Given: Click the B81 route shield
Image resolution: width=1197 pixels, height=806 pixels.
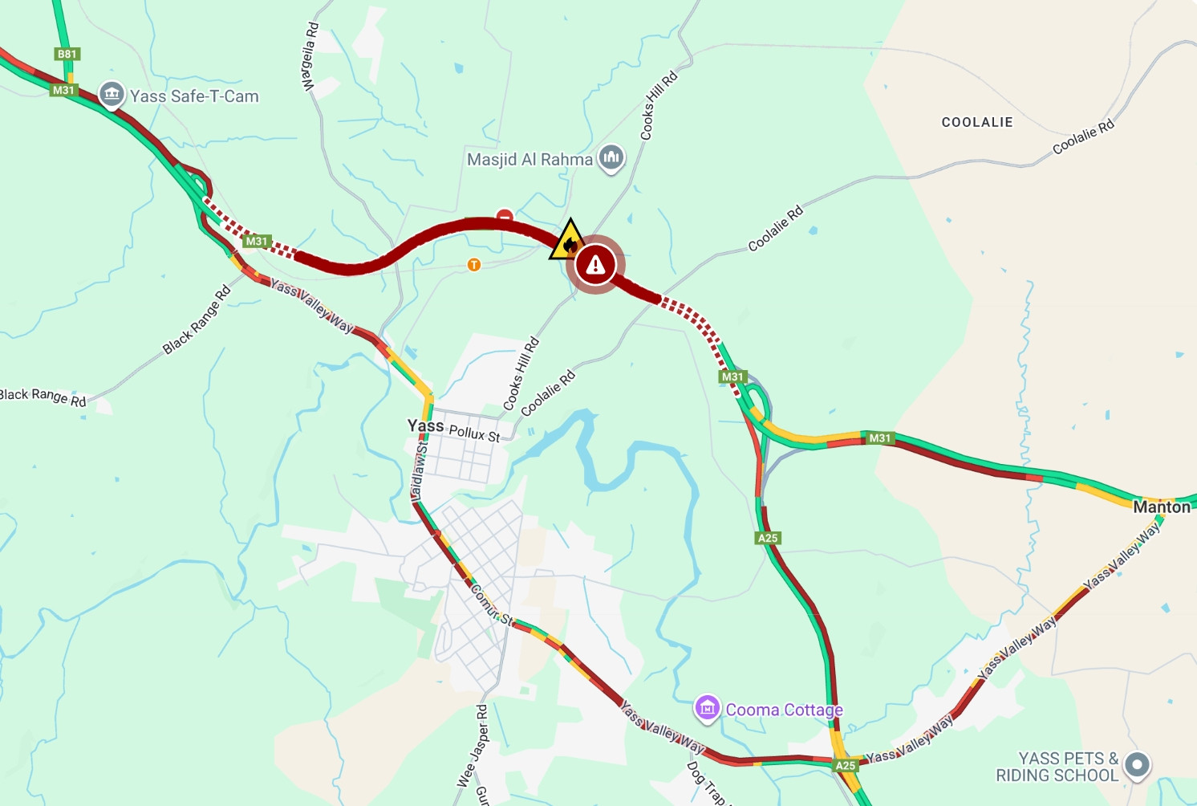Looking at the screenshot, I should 67,54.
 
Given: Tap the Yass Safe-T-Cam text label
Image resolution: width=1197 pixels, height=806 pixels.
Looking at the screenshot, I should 194,96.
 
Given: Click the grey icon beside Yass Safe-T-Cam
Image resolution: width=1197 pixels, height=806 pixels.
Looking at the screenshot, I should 112,95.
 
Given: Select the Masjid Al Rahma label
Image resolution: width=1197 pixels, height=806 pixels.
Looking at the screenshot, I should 530,160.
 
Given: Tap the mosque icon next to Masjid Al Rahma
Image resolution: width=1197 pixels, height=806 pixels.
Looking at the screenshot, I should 611,157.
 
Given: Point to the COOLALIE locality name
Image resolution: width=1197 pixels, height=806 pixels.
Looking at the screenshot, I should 976,122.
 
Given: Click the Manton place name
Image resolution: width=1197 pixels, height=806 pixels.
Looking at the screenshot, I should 1161,507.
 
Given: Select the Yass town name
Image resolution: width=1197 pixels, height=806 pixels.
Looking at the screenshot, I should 425,425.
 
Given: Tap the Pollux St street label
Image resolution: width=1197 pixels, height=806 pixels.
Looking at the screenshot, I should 474,433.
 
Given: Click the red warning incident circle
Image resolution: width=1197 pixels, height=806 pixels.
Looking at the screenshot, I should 595,264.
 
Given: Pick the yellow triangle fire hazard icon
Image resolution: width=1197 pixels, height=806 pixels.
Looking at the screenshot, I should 569,241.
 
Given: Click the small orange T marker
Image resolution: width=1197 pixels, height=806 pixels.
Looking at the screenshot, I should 474,264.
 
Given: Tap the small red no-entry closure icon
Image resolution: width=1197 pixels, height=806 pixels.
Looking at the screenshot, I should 505,215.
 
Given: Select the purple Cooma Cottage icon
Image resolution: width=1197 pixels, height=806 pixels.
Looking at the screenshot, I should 707,708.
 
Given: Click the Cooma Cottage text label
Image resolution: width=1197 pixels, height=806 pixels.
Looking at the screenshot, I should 784,710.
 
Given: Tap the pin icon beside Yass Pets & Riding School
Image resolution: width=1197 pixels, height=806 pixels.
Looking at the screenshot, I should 1137,765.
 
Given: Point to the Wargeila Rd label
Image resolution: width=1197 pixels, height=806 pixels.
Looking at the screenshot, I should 310,56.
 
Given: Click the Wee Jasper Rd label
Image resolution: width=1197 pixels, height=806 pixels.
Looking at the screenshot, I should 473,746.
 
